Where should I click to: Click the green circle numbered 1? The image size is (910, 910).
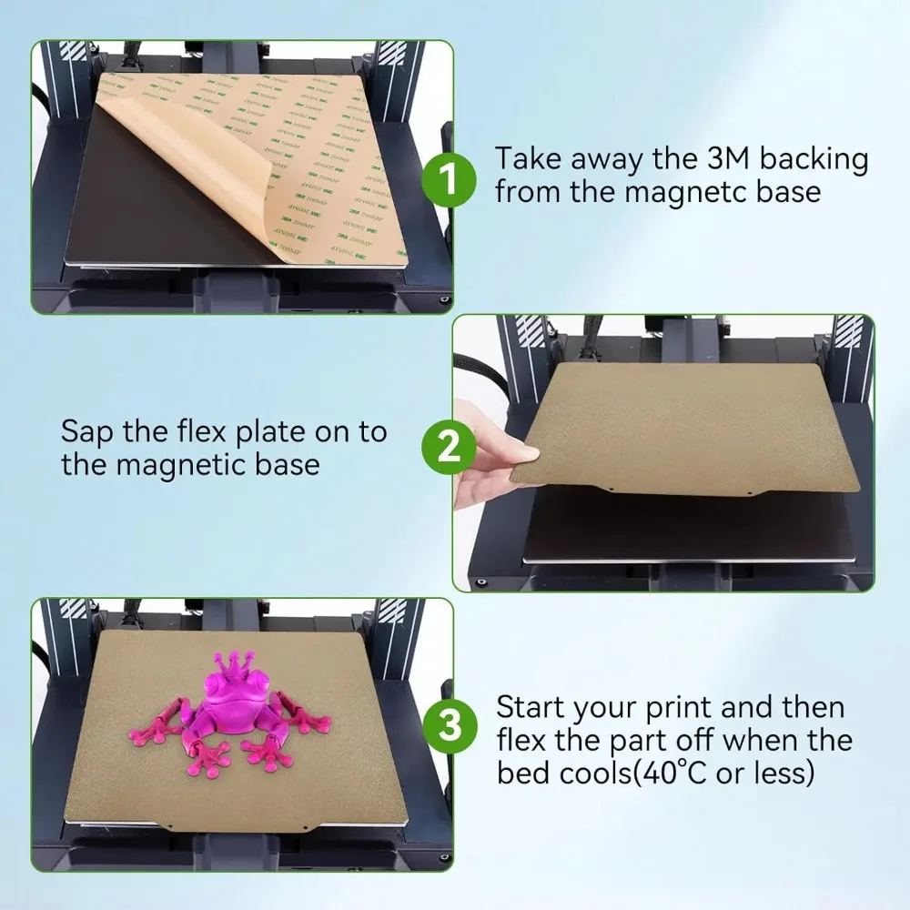(x=449, y=180)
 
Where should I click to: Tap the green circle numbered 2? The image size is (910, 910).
(x=449, y=448)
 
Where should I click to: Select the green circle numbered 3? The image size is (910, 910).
(x=450, y=726)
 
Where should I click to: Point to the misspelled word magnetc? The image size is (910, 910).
(x=686, y=192)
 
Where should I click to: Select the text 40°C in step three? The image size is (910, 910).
(x=672, y=773)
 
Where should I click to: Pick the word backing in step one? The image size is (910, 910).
(x=814, y=159)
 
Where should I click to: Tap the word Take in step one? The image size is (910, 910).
(x=528, y=158)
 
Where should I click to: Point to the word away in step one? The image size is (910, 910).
(x=605, y=162)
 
